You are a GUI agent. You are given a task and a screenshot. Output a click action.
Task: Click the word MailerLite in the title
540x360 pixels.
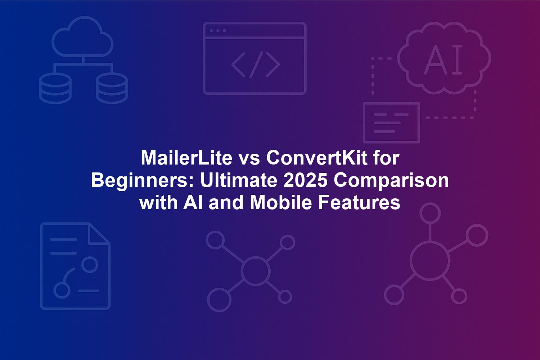click(186, 158)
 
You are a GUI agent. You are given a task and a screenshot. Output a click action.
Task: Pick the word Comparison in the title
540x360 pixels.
click(391, 181)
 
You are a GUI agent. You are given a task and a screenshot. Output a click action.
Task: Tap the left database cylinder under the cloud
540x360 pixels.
click(55, 88)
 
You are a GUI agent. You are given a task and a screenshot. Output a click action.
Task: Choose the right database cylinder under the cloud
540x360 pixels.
click(112, 88)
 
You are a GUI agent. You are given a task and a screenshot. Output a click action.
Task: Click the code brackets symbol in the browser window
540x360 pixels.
click(256, 65)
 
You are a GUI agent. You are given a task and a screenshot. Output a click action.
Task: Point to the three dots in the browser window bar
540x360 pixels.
click(218, 31)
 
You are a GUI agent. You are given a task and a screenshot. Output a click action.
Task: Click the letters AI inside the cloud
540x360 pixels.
click(443, 59)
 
